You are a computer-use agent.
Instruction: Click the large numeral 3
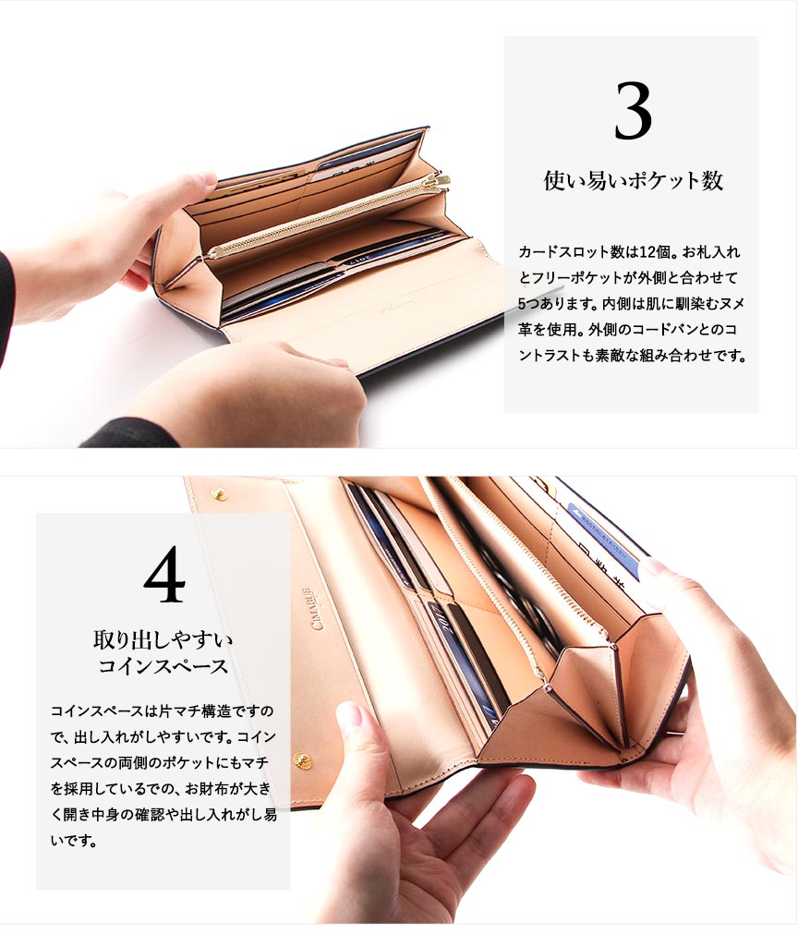click(x=634, y=111)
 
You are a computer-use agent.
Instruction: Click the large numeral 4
click(x=164, y=574)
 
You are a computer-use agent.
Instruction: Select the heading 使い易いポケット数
click(x=634, y=180)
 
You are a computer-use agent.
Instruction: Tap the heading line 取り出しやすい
click(x=163, y=639)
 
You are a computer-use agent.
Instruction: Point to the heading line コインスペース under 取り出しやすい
click(x=163, y=666)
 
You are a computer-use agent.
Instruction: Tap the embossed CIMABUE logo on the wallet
click(x=315, y=608)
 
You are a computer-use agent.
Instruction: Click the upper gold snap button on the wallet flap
click(x=219, y=495)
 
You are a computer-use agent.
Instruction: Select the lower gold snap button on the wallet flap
click(x=302, y=759)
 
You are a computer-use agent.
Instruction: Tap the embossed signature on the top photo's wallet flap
click(x=383, y=308)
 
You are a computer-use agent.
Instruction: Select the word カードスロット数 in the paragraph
click(x=574, y=252)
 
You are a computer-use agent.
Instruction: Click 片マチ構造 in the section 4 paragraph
click(x=194, y=710)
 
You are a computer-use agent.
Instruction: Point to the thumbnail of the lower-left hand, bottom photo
click(x=349, y=716)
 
